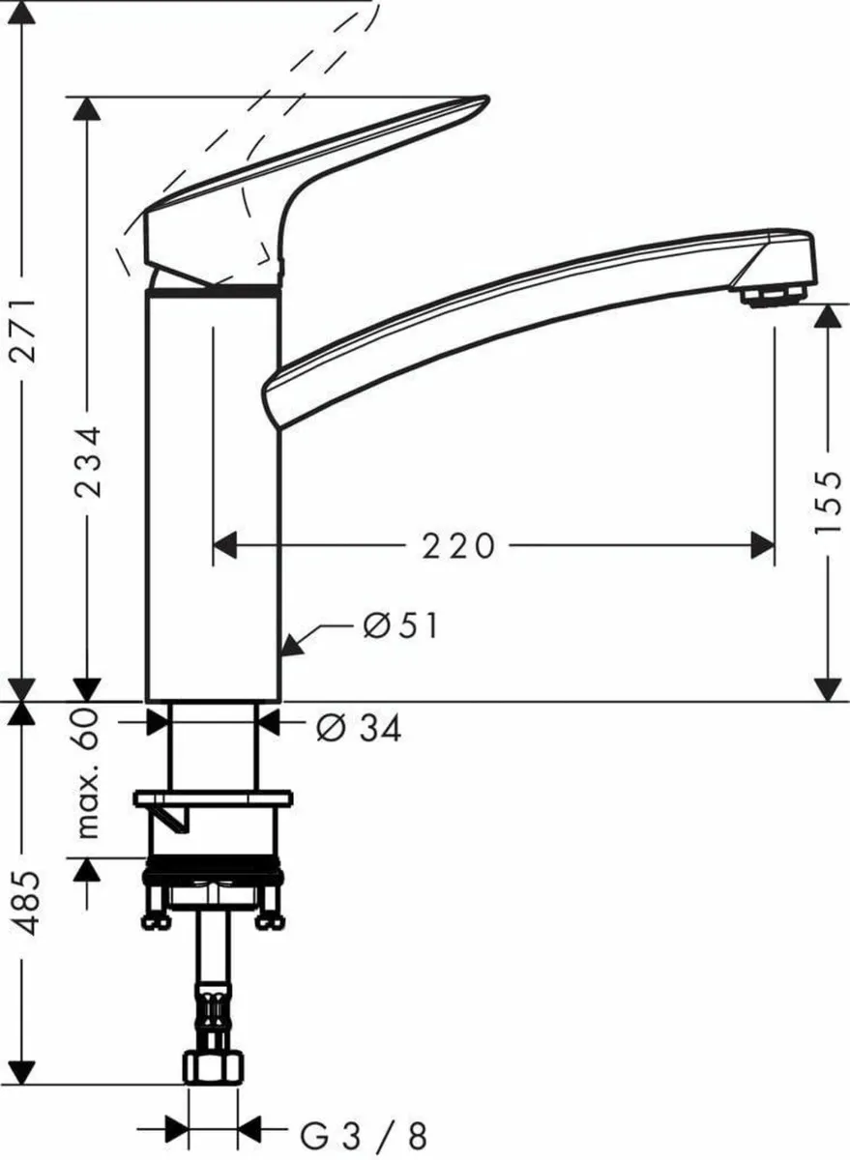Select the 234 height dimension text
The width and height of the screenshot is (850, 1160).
point(88,461)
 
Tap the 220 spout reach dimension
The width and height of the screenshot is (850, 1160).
point(457,547)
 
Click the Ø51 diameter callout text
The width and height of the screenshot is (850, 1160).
point(400,626)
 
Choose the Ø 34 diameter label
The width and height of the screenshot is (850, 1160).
point(358,728)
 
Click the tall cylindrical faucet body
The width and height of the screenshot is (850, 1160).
point(213,493)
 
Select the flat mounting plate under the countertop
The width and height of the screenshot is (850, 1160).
point(213,799)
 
